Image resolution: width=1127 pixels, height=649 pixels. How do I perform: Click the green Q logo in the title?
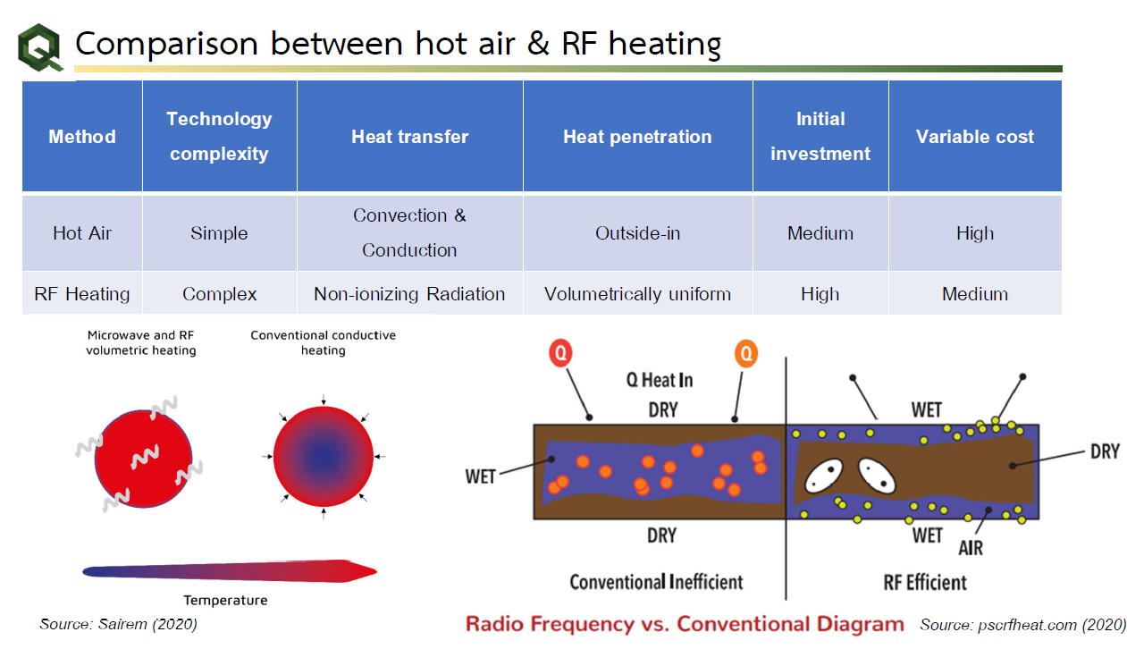41,47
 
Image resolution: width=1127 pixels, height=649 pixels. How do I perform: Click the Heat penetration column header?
637,137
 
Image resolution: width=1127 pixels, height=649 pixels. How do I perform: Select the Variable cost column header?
974,137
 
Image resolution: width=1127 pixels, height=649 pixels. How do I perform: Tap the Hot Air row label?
81,233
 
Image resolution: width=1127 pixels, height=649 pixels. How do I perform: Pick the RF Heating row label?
81,294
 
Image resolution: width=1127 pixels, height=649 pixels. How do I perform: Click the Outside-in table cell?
637,233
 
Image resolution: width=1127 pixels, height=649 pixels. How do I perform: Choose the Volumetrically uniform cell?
637,294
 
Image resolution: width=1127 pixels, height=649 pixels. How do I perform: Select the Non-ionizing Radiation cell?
409,294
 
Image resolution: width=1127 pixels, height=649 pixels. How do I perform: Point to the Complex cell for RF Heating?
219,294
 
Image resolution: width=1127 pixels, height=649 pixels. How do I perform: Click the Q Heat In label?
660,380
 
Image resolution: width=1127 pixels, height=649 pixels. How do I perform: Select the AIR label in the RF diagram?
970,547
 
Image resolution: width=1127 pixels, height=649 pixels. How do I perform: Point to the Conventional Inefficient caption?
656,582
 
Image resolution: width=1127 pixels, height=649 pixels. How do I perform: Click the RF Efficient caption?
925,583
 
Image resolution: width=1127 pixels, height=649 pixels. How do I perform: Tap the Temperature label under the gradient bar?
225,600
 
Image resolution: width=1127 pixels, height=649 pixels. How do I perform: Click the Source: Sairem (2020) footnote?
118,624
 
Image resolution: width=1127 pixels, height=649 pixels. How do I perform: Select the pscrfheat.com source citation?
1022,624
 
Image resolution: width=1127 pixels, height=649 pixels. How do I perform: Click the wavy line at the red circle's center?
143,459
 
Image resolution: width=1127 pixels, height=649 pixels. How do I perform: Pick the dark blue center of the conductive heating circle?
323,457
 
